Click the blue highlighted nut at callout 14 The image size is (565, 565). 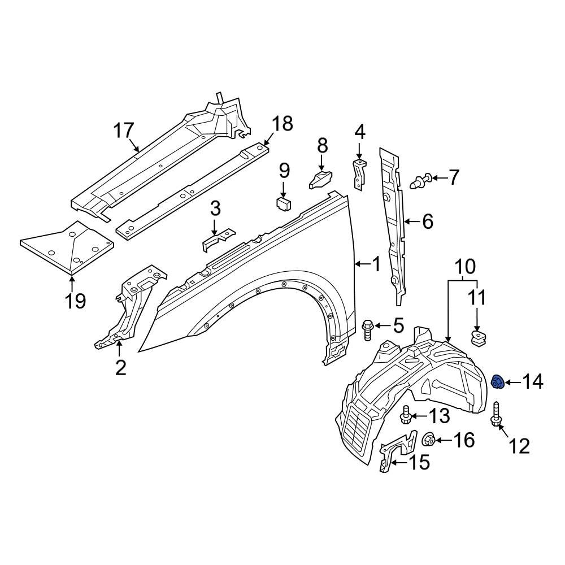(x=497, y=383)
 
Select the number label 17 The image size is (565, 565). (x=124, y=132)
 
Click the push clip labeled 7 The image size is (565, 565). (x=421, y=180)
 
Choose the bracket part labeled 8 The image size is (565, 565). (x=320, y=179)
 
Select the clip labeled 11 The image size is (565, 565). (x=479, y=338)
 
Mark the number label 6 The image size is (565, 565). (x=427, y=222)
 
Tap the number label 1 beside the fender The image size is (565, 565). (x=376, y=263)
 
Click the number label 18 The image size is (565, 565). (x=282, y=123)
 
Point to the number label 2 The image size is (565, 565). (x=121, y=367)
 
